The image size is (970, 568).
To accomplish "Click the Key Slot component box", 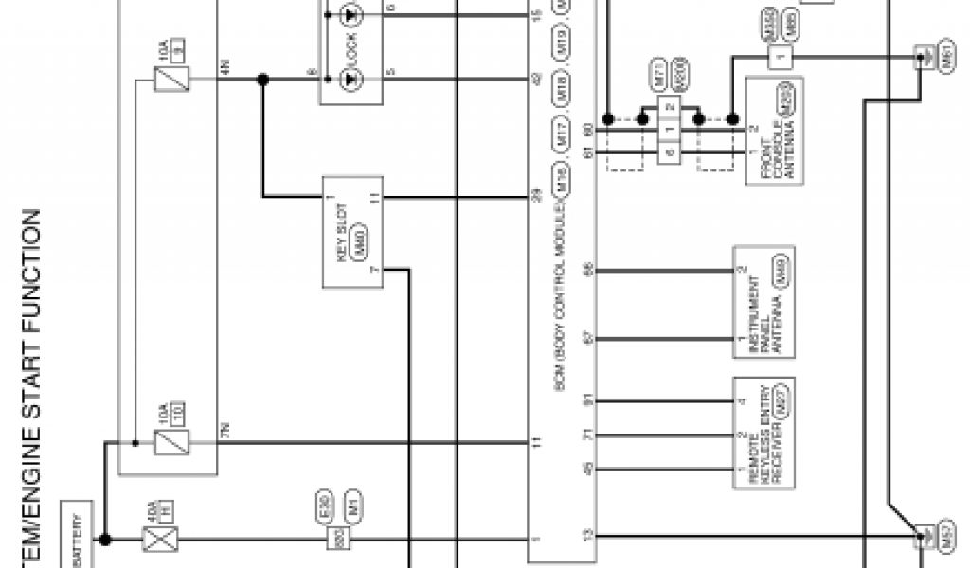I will (x=352, y=231).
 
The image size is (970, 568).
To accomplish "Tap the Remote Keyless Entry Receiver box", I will (x=763, y=433).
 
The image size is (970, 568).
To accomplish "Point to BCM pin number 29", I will (x=536, y=197).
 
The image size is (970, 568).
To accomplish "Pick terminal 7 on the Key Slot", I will (x=375, y=271).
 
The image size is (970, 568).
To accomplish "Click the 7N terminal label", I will (x=225, y=433).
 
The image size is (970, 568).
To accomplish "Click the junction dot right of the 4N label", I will (x=263, y=80).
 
